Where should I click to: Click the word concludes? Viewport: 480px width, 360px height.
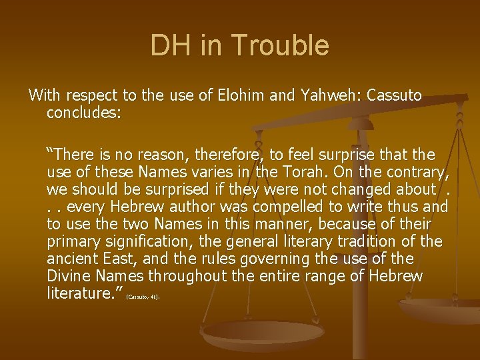(83, 113)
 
